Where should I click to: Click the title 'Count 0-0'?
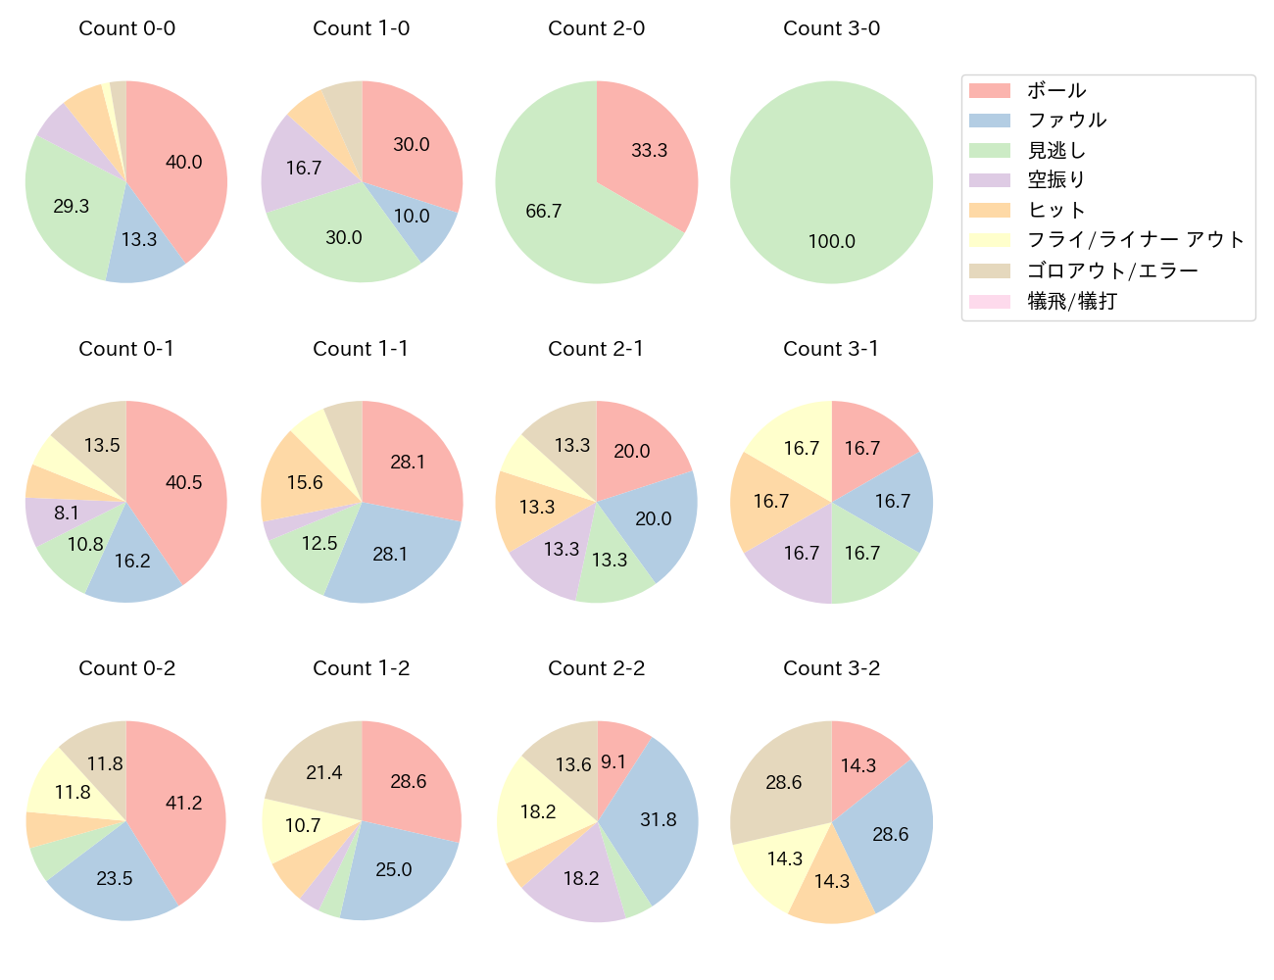(126, 28)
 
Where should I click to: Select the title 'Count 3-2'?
(831, 668)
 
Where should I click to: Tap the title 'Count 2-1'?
(596, 349)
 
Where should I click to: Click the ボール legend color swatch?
(989, 91)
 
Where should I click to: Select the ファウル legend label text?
(1066, 121)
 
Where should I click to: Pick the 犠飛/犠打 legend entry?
(1071, 301)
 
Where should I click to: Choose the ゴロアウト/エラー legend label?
(1112, 270)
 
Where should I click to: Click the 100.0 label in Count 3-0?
(831, 242)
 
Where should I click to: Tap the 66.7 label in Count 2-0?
(543, 212)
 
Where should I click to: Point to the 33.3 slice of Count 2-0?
(649, 151)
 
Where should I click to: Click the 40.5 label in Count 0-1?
(183, 483)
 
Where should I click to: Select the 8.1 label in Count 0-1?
(67, 514)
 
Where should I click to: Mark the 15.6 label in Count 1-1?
(305, 483)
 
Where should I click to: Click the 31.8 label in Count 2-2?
(658, 820)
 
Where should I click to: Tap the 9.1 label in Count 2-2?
(613, 762)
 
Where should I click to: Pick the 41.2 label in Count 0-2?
(183, 804)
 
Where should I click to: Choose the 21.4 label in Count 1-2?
(323, 773)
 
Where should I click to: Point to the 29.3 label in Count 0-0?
(71, 207)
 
